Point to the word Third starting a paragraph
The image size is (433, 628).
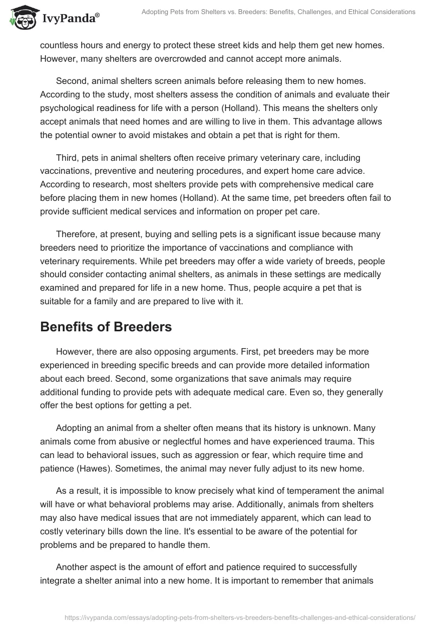click(68, 157)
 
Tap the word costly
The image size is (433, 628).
click(54, 529)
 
